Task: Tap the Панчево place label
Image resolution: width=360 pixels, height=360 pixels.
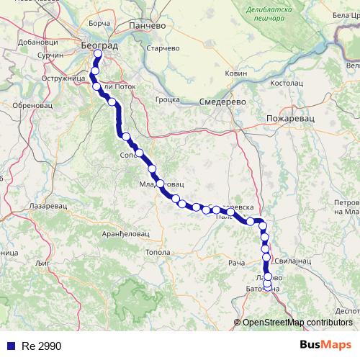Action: point(147,25)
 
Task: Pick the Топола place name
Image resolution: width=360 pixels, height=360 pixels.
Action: point(158,253)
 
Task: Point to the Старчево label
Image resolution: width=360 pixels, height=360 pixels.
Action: point(163,48)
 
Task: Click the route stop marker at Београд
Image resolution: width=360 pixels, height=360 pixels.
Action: point(99,53)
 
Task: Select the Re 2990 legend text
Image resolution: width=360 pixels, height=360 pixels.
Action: point(41,346)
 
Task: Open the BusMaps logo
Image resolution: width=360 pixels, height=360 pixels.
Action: point(325,346)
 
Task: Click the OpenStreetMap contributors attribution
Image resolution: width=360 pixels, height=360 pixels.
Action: point(297,323)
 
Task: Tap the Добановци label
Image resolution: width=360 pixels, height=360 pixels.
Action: point(32,41)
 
